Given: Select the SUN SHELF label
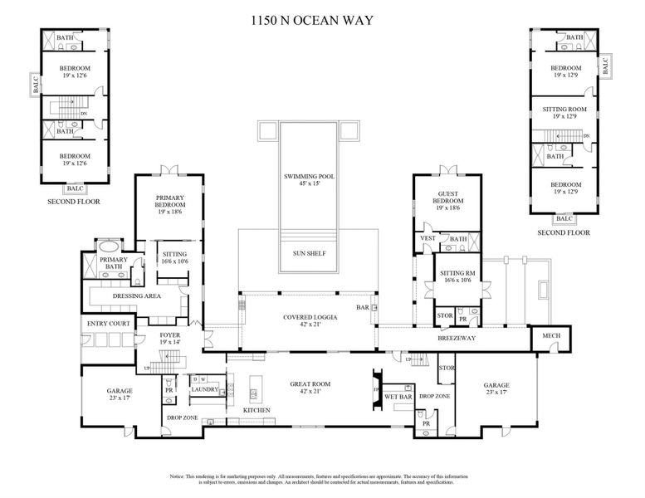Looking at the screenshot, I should pos(307,253).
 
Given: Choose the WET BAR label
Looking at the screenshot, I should pos(399,398).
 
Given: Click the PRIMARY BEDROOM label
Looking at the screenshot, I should pos(170,201).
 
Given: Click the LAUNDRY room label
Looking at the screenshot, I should pos(204,388).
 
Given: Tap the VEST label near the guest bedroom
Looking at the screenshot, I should pos(428,238).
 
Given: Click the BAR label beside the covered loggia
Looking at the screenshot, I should pos(362,307).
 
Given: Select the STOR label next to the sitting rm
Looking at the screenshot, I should pos(445,315).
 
